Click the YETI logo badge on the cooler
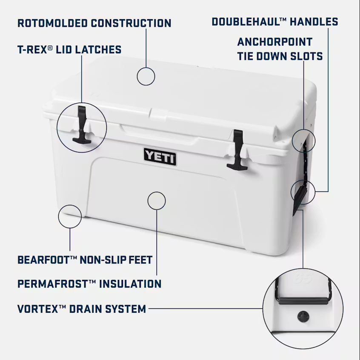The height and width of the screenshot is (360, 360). coord(160,157)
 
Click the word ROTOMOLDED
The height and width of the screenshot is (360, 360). coord(52,23)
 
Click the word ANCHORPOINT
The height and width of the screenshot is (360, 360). coord(275,42)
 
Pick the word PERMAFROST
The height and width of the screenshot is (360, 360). coord(53,284)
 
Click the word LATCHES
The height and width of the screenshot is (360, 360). coord(98,50)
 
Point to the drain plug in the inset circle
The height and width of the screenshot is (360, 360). coord(303,316)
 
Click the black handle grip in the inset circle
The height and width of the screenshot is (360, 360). coord(303,301)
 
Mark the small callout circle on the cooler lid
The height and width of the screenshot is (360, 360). coord(146,76)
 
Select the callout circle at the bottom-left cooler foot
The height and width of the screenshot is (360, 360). coord(70,216)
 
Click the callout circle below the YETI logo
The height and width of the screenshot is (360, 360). coord(156,200)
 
